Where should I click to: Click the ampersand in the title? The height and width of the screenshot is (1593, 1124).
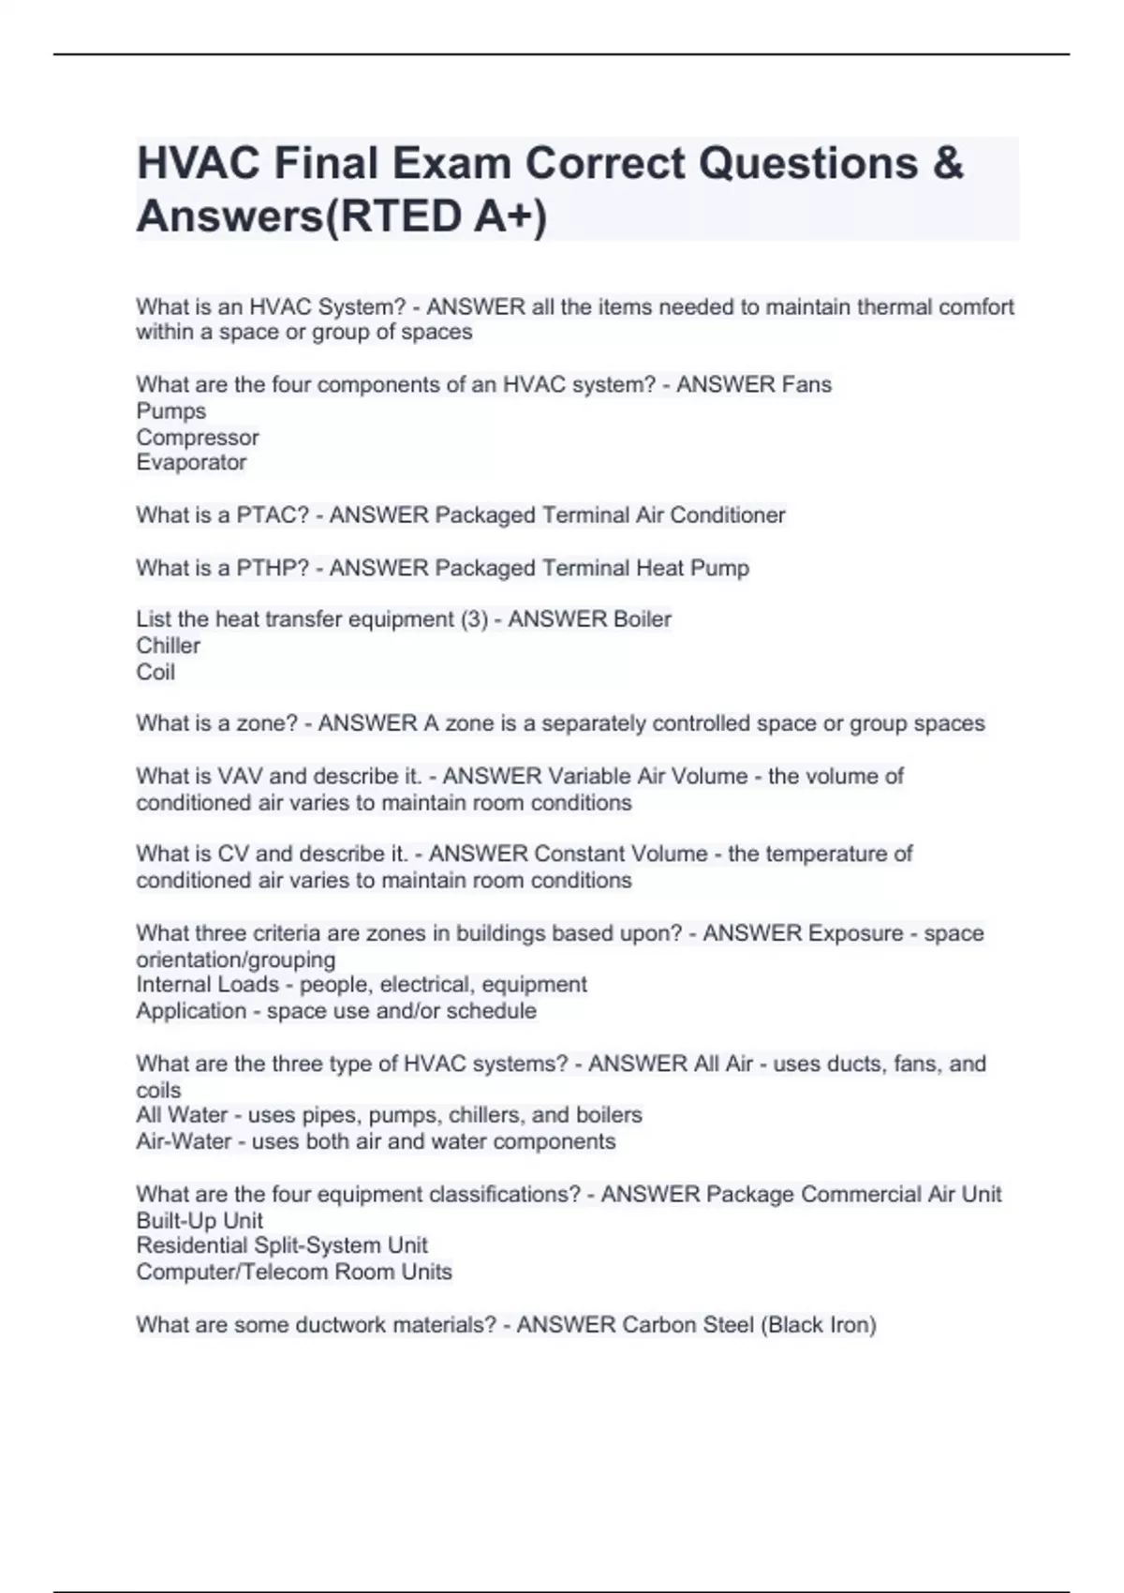(947, 163)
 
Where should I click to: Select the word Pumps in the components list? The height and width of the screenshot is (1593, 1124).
(170, 410)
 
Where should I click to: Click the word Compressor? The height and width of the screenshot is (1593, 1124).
(198, 437)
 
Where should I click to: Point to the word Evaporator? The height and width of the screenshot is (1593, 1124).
(191, 462)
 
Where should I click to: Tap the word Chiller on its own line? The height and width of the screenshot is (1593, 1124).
(169, 646)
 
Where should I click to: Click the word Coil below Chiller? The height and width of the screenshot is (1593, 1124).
(155, 672)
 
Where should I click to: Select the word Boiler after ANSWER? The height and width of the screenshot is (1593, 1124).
(641, 619)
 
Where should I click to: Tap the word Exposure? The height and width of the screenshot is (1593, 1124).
(855, 933)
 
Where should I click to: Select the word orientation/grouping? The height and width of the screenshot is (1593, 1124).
(236, 960)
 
